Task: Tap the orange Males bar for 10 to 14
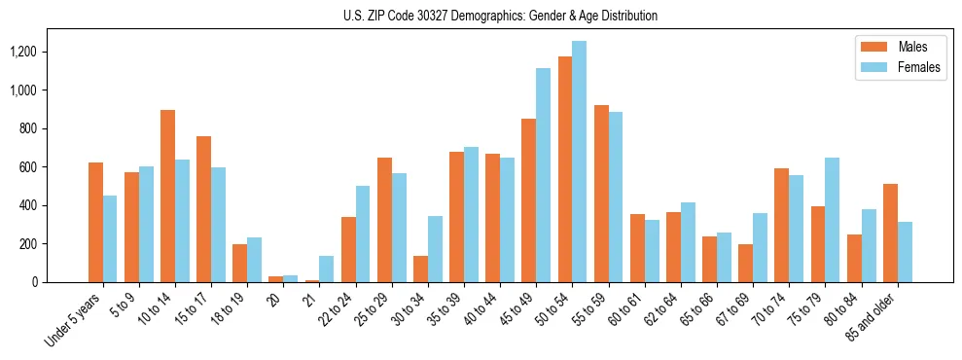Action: (167, 196)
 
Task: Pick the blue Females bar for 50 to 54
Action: (580, 162)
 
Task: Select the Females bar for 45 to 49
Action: (544, 175)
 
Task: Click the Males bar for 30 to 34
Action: (420, 269)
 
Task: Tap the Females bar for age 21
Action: (327, 269)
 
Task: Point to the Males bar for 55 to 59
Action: (601, 194)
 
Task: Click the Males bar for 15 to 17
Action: (203, 209)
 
